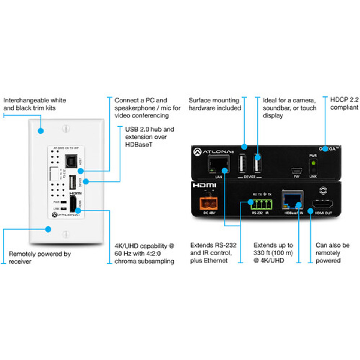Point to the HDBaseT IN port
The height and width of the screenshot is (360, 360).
coord(292,202)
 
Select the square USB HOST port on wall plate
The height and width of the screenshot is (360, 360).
coord(70,161)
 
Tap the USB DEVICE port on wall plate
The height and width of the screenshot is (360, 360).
coord(72,183)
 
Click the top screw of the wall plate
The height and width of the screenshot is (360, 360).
coord(66,128)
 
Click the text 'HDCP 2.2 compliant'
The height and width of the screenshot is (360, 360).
coord(344,104)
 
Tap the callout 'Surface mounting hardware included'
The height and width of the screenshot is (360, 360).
coord(214,104)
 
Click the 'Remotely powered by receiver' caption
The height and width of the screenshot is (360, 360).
coord(40,257)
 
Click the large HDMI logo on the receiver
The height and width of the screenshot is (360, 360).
coord(204,186)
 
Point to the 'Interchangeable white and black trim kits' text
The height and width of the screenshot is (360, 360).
coord(34,104)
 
